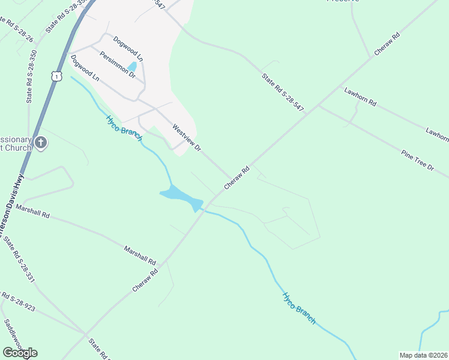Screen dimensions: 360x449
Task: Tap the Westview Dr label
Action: [x=186, y=137]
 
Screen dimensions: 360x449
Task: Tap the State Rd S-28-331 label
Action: [x=19, y=260]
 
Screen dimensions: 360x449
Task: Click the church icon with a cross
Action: [x=40, y=143]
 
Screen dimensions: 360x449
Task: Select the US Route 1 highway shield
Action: [x=56, y=76]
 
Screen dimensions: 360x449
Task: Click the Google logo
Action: [x=20, y=352]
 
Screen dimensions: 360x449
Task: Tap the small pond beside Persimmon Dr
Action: [x=131, y=67]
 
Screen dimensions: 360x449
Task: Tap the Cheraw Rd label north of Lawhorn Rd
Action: [x=387, y=45]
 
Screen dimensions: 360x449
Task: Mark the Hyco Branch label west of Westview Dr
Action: [x=124, y=128]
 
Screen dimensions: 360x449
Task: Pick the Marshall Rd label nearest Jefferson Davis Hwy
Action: [x=33, y=211]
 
